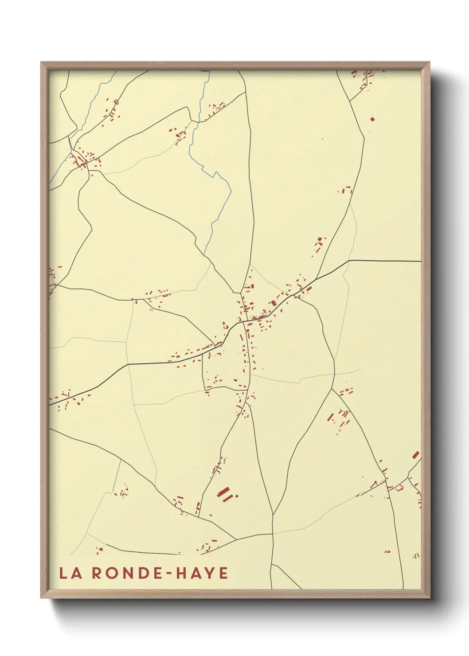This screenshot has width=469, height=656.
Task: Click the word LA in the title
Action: [70, 573]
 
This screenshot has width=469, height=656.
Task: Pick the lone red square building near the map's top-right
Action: [372, 119]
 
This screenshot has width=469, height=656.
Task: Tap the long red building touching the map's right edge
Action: [415, 455]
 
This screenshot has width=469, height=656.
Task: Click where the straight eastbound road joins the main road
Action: [349, 261]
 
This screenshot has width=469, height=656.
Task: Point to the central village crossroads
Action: [243, 322]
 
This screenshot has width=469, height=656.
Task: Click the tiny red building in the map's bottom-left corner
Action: [99, 550]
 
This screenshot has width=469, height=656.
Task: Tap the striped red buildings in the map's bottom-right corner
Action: [416, 555]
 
